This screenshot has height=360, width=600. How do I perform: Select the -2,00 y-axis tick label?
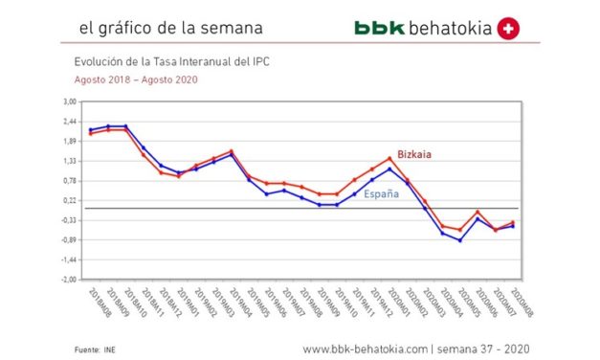point(69,280)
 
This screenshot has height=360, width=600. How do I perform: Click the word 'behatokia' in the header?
point(450,29)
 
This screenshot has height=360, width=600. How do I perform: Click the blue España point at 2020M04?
point(460,240)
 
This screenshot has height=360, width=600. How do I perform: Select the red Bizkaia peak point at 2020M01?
point(389,158)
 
